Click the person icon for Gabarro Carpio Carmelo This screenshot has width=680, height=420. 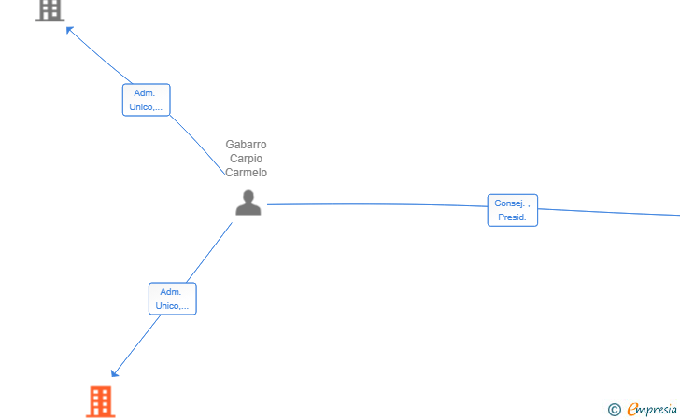(x=248, y=203)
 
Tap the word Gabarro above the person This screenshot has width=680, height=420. (x=246, y=145)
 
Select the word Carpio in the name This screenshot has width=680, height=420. (x=246, y=159)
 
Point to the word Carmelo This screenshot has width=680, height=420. (x=246, y=173)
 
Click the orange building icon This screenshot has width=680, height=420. (x=100, y=401)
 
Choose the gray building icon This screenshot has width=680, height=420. (x=50, y=9)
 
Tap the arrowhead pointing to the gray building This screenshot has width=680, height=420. (x=69, y=30)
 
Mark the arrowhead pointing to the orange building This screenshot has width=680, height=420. (x=115, y=373)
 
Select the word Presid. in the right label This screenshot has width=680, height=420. (x=512, y=217)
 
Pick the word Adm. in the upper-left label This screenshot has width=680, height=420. (x=145, y=93)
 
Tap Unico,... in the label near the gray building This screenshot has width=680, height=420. (x=146, y=107)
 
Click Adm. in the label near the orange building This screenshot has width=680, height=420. (x=171, y=292)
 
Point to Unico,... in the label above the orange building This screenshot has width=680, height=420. (x=172, y=306)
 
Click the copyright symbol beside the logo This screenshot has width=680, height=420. (x=614, y=409)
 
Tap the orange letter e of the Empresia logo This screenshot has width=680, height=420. (x=633, y=409)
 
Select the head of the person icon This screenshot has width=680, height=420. (x=248, y=196)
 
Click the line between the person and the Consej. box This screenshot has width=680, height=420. (x=374, y=203)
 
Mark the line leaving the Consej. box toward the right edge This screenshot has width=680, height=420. (x=607, y=212)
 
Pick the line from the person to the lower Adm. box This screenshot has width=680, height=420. (x=210, y=252)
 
